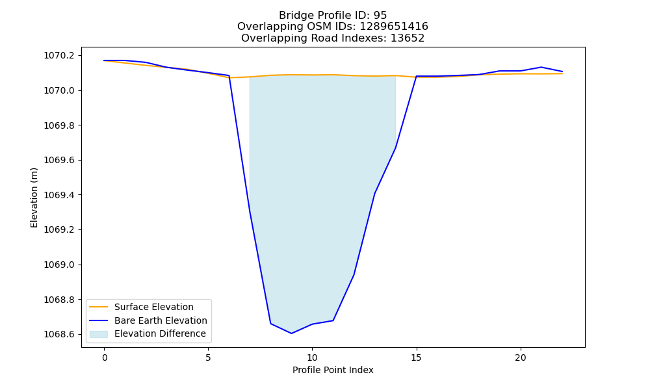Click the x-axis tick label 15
coord(416,357)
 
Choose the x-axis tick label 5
coord(208,357)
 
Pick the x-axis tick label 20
coord(520,357)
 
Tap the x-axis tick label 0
coord(105,357)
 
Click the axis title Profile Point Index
coord(333,370)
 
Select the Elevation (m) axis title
coord(34,198)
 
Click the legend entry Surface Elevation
coord(154,307)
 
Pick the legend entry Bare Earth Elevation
coord(161,321)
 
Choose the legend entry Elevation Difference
coord(160,334)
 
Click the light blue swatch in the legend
coord(99,334)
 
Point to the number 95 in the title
coord(380,16)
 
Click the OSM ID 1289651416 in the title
coord(394,27)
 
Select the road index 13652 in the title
coord(408,38)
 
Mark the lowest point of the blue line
coord(291,333)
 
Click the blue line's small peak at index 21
coord(541,67)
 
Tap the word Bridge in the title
coord(292,16)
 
